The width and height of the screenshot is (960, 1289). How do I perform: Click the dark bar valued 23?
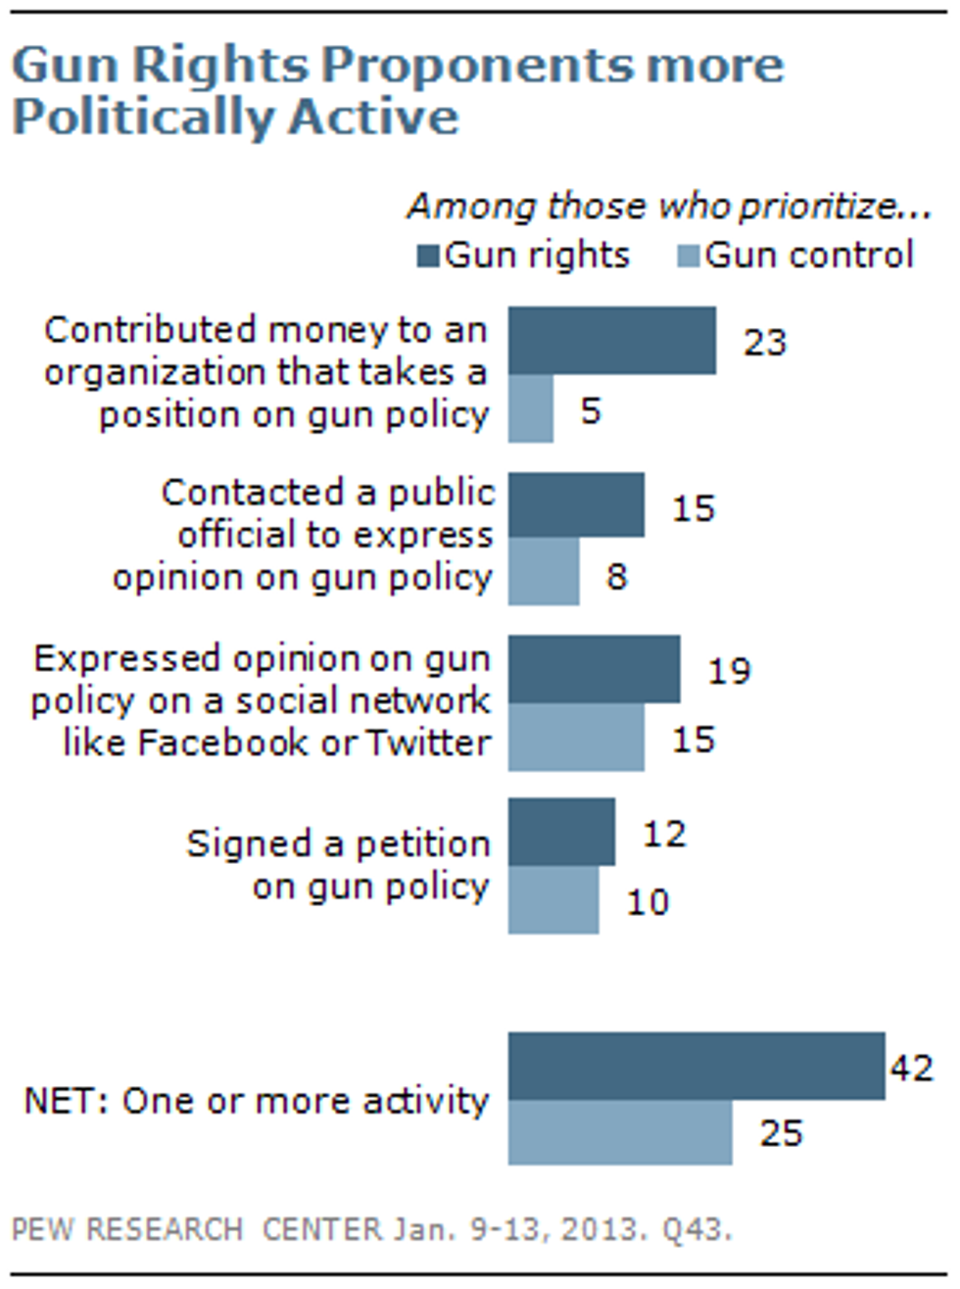(611, 340)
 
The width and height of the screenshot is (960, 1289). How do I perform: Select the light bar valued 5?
(530, 408)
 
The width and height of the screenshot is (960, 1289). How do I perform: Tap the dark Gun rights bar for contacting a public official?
(576, 505)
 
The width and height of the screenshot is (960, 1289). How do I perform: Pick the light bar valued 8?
(543, 572)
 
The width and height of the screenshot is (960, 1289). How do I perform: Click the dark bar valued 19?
(594, 669)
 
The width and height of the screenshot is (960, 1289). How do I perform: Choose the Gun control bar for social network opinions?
(576, 738)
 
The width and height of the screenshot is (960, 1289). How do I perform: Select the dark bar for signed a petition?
(561, 832)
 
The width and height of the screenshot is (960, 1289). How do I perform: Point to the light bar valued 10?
(553, 899)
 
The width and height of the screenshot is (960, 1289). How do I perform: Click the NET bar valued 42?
(696, 1066)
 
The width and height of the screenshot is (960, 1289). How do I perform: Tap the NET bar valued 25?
(619, 1132)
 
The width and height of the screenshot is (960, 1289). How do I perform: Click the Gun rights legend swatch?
(428, 258)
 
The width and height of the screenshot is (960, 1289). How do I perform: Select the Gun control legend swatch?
(689, 258)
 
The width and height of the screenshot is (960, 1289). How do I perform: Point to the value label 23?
(764, 342)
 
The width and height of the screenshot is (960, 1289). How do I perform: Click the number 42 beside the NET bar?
(911, 1067)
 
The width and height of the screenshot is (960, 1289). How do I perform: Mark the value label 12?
(663, 834)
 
